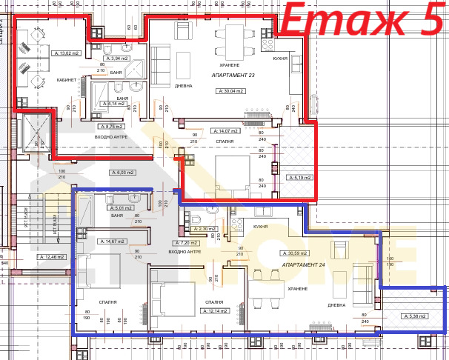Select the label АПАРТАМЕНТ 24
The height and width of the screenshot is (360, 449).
(x=305, y=264)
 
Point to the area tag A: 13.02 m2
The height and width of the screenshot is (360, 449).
(x=67, y=53)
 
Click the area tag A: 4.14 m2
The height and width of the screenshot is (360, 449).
(x=119, y=104)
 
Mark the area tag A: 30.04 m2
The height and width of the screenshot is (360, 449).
(x=231, y=90)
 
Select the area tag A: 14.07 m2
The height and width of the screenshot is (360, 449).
(x=224, y=130)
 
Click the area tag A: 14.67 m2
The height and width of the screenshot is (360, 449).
(x=115, y=241)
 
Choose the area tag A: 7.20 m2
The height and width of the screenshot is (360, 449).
(x=185, y=243)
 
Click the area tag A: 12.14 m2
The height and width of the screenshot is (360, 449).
(x=215, y=310)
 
